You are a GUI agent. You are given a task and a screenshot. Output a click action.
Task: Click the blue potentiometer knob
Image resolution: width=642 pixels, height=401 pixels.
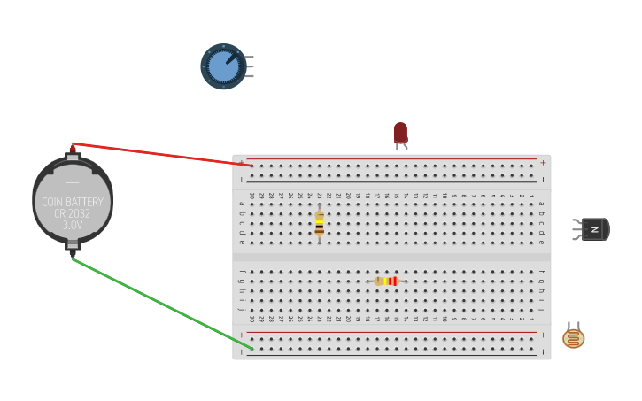click(223, 66)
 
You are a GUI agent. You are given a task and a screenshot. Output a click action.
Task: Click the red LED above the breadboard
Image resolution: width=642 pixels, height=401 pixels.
click(400, 132)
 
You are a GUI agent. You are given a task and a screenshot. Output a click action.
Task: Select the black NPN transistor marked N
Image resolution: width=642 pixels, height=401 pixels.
click(595, 229)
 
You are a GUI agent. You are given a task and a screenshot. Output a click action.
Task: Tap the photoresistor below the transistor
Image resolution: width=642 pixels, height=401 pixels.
click(574, 338)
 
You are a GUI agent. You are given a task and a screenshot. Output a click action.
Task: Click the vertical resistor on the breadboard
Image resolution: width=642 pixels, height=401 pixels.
click(319, 223)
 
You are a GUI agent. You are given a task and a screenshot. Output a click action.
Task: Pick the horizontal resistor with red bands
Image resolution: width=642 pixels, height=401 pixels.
click(386, 281)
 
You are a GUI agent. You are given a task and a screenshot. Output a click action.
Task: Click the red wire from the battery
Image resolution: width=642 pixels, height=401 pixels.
click(159, 154)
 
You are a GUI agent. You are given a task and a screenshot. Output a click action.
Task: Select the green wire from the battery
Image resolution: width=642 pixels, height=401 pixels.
click(159, 303)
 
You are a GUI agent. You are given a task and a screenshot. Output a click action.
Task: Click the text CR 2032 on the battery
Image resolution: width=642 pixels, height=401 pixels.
click(73, 213)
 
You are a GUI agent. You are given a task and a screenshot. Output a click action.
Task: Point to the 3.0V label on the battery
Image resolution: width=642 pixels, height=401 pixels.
click(73, 226)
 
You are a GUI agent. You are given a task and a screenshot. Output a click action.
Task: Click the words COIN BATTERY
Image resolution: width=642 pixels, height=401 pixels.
click(73, 202)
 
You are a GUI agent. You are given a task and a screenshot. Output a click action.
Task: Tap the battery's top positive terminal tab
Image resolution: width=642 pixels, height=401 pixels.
click(73, 157)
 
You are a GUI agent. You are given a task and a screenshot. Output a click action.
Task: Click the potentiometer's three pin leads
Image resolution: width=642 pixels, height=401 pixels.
click(250, 66)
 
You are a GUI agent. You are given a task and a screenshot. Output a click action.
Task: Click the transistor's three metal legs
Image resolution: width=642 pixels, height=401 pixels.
click(576, 229)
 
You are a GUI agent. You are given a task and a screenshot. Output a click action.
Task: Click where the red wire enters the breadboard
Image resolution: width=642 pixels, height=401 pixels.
click(251, 166)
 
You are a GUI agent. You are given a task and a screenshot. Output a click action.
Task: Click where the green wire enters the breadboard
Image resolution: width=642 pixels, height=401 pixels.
click(251, 348)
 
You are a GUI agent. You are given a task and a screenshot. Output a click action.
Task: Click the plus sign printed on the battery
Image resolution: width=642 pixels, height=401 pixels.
click(73, 182)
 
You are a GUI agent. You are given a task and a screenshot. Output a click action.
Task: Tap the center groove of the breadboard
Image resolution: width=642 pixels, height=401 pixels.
click(391, 257)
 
